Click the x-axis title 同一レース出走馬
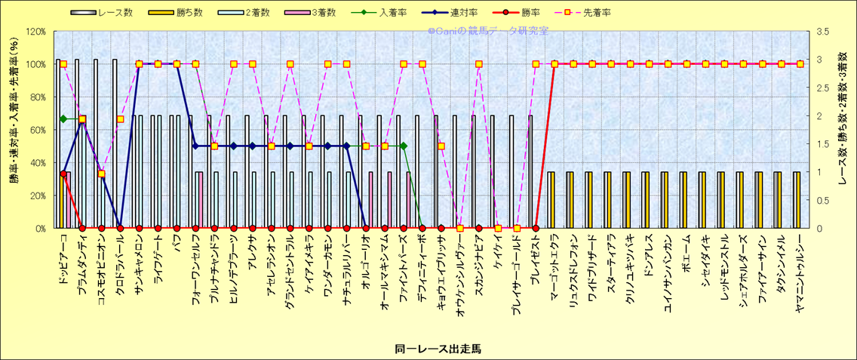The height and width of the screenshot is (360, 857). (438, 349)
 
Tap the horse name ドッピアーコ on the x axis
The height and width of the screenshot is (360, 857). (63, 257)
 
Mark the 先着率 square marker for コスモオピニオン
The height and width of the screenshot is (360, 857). (101, 174)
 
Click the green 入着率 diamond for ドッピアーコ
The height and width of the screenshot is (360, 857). (63, 118)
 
